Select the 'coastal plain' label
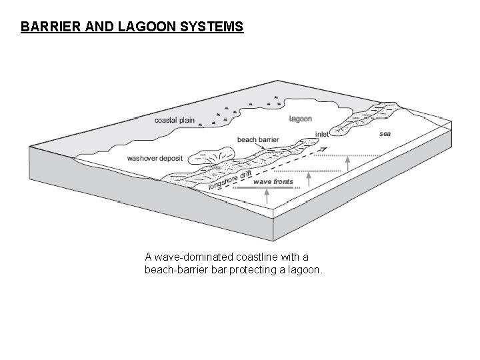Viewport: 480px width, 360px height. click(174, 121)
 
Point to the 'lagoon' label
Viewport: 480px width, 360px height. click(301, 119)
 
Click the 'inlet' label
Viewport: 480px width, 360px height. click(322, 134)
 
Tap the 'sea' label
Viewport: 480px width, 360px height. click(385, 133)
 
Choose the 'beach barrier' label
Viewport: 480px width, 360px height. click(257, 140)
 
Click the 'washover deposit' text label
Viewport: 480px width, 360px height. click(155, 159)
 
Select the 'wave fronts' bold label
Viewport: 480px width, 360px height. click(273, 181)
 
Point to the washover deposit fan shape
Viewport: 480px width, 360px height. click(207, 159)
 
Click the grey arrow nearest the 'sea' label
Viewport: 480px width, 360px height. click(347, 162)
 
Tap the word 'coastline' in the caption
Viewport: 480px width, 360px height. click(257, 257)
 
